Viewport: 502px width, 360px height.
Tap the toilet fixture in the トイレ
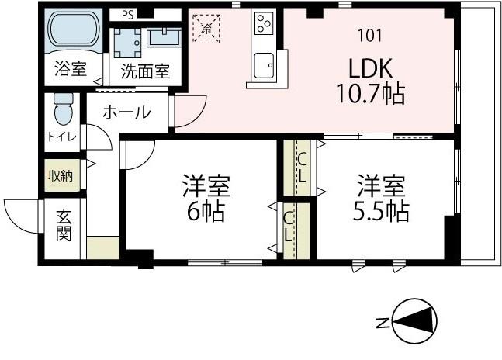[62, 110]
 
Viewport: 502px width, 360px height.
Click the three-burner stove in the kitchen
[264, 24]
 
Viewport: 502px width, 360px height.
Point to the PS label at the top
[126, 13]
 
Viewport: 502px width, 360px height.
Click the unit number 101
[369, 35]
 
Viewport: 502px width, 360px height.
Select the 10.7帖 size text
[369, 94]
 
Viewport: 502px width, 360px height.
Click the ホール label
[126, 112]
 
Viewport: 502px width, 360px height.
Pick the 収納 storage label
[61, 176]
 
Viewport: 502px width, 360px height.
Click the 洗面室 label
[144, 70]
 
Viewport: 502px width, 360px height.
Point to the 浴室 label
[70, 70]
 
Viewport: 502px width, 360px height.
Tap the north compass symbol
[416, 320]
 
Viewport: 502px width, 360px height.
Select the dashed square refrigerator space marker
[208, 27]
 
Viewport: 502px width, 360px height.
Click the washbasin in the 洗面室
[164, 36]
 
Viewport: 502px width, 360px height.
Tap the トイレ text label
[62, 137]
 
